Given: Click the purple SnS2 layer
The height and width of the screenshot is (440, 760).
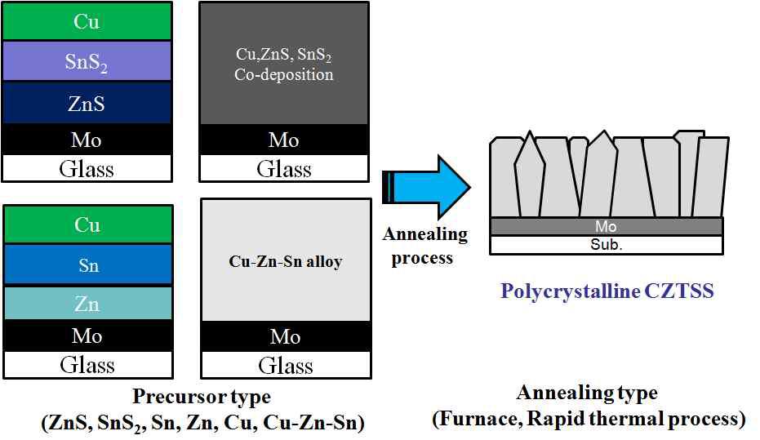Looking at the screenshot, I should tap(87, 61).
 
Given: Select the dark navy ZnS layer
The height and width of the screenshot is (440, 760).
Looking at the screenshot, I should tap(87, 103).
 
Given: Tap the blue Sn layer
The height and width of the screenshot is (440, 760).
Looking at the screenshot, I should tap(87, 264).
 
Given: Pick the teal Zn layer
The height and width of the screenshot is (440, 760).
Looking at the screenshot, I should tap(87, 303).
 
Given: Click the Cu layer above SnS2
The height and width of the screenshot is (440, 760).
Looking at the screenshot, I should tap(87, 22).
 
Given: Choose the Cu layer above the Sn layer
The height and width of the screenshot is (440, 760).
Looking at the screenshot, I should tap(87, 224).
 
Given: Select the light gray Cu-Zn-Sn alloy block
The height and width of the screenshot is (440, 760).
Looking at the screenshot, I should tap(285, 261).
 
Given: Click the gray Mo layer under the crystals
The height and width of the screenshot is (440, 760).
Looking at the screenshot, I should tap(605, 226).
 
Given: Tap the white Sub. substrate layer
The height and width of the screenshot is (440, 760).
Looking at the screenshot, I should tap(605, 244).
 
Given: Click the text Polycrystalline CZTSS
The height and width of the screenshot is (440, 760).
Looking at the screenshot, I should tap(608, 291).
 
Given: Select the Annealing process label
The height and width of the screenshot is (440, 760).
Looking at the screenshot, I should tap(424, 246).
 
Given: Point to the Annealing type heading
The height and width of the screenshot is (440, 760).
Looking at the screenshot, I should tap(587, 393).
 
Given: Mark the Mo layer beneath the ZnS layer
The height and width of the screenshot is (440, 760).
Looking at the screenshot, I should tap(87, 140).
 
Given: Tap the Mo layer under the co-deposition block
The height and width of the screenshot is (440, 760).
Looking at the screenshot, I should tap(283, 140).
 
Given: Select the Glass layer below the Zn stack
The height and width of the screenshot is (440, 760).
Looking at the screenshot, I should tap(87, 364).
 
